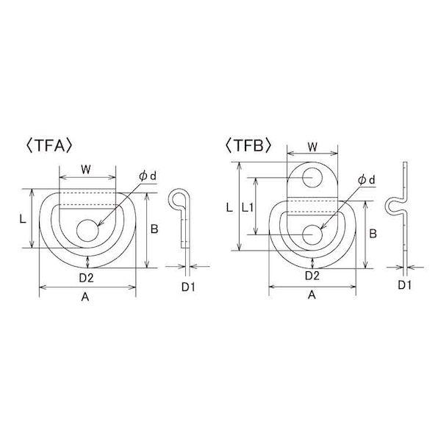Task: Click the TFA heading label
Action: click(50, 146)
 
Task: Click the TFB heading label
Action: click(248, 146)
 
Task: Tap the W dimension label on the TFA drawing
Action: click(86, 169)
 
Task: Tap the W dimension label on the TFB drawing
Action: click(312, 146)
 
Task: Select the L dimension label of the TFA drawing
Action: click(23, 219)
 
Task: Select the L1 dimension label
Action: click(248, 208)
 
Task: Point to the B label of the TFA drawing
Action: click(154, 229)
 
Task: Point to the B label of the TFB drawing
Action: click(373, 234)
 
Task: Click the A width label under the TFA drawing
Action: click(85, 297)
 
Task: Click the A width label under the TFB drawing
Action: click(312, 295)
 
